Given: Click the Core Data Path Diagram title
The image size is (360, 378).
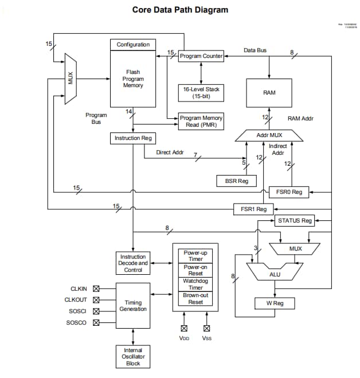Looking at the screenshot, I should click(180, 10).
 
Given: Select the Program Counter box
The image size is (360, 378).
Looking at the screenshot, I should click(201, 56).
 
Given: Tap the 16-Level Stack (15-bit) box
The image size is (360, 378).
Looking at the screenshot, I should click(201, 92).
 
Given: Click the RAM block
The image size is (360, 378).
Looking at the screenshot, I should click(269, 93).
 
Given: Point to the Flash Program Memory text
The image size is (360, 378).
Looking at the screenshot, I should click(133, 79).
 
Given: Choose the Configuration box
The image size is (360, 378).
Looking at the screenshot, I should click(133, 45).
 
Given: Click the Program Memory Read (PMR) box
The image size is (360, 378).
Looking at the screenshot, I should click(201, 121).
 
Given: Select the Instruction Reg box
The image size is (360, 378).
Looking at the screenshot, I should click(133, 138).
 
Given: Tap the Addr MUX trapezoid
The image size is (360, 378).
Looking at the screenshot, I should click(269, 135).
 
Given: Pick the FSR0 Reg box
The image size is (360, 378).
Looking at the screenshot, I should click(288, 192).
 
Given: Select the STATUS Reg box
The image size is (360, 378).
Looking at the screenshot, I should click(295, 220).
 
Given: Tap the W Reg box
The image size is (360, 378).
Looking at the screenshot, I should click(275, 302).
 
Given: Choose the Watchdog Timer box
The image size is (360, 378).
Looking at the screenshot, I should click(195, 284).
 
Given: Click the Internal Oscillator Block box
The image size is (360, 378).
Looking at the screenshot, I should click(133, 356).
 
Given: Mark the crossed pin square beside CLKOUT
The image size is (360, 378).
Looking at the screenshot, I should click(96, 299).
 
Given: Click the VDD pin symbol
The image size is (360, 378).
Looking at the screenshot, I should click(184, 329).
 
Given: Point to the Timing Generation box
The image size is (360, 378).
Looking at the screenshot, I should click(133, 305).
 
